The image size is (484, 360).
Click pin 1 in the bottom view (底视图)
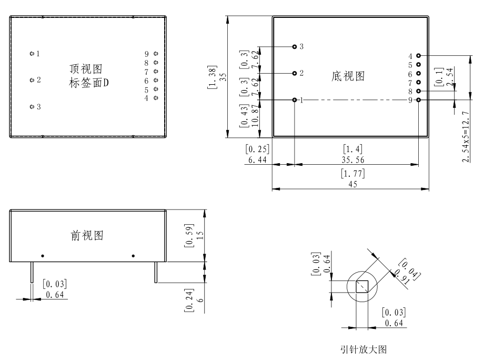[x=295, y=99]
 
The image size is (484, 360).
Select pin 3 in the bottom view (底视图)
[x=295, y=46]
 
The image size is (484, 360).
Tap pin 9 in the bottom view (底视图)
[x=419, y=99]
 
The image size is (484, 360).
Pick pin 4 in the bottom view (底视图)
[x=419, y=55]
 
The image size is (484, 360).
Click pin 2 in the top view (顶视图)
[x=32, y=80]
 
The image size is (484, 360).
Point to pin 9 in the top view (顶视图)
[x=156, y=54]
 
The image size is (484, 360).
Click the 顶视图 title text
[x=85, y=69]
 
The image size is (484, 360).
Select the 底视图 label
[x=348, y=76]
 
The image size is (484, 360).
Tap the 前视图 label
[x=87, y=235]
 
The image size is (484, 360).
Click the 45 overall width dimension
[x=352, y=184]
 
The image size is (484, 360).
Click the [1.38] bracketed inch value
[x=211, y=77]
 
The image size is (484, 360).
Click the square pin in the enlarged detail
[x=362, y=286]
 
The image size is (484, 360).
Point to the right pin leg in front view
[x=155, y=272]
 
